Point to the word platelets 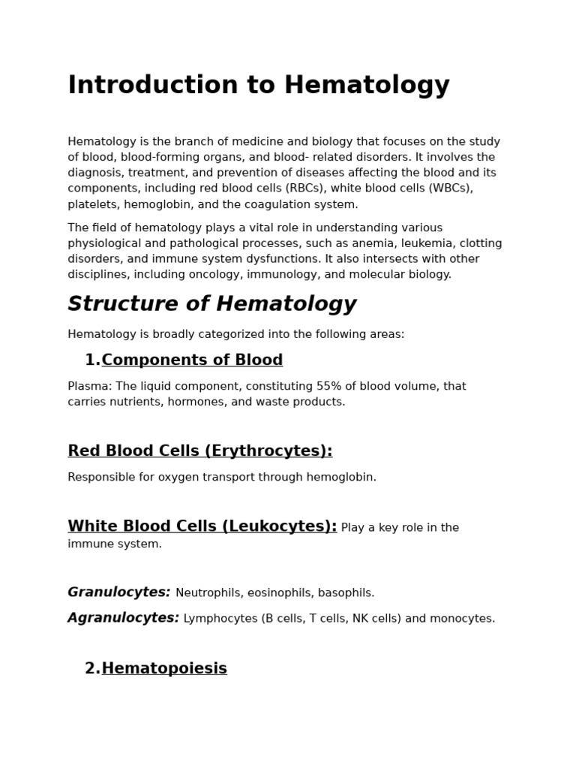(x=94, y=204)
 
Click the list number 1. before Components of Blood (x=92, y=360)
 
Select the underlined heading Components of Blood (x=192, y=360)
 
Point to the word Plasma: (x=90, y=387)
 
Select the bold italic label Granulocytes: (x=119, y=593)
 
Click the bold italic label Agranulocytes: (x=124, y=618)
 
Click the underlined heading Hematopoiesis (x=164, y=668)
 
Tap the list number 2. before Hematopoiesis (x=92, y=668)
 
